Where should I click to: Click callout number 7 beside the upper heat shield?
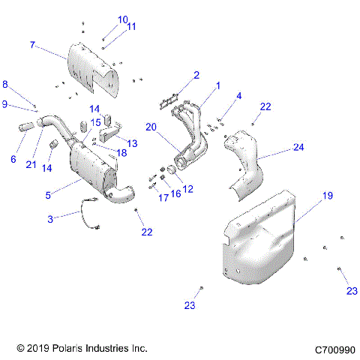tap(32, 45)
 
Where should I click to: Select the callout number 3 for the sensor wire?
tap(50, 218)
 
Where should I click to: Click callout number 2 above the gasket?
tap(196, 75)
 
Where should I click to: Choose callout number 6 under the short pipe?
tap(12, 159)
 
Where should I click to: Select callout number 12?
tap(187, 190)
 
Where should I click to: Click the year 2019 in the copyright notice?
tap(39, 349)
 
